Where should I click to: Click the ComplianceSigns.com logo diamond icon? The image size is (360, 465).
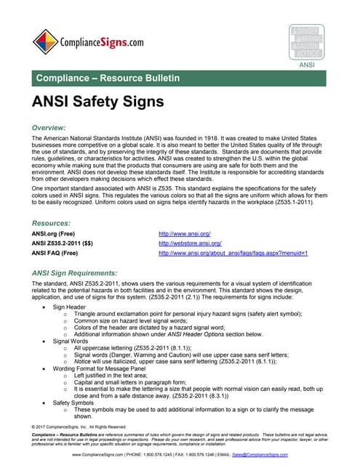click(x=45, y=41)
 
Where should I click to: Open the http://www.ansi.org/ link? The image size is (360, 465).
click(x=184, y=233)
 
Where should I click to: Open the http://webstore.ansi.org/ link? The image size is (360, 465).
click(x=191, y=243)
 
